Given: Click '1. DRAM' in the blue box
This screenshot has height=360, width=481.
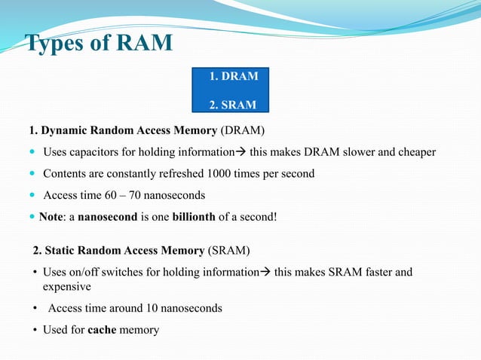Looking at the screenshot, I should (x=234, y=76).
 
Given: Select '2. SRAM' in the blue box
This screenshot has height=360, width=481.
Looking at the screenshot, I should (x=234, y=104).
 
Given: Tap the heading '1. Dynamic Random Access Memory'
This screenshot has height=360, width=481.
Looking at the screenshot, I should (x=122, y=128).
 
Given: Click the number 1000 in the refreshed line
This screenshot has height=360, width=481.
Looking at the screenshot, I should (x=222, y=173).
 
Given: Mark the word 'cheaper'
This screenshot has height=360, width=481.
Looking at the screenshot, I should (x=418, y=151).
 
